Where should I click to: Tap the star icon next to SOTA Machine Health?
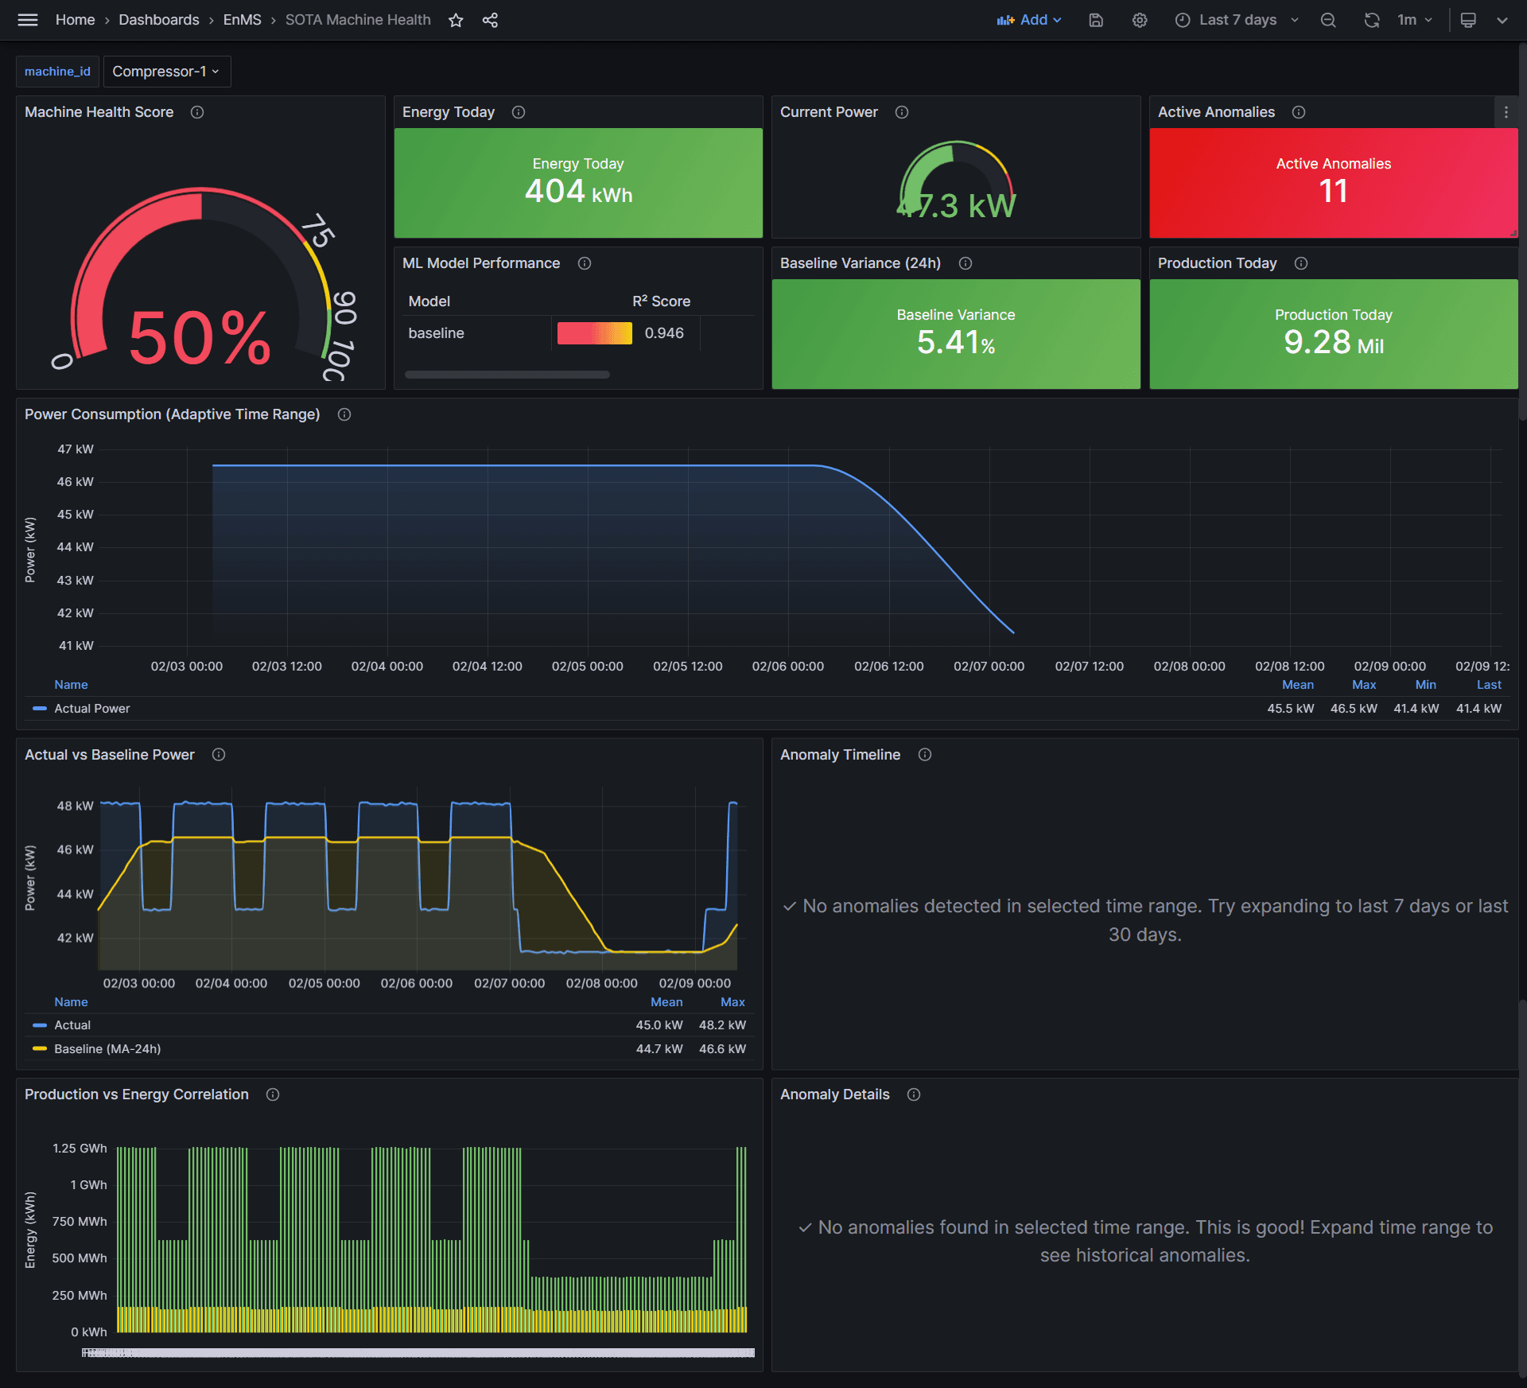click(456, 21)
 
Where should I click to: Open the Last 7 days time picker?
click(1237, 21)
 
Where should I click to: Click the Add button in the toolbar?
click(1029, 21)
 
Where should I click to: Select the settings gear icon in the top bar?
click(1140, 21)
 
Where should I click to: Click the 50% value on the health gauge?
click(200, 339)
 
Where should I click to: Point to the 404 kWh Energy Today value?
click(578, 192)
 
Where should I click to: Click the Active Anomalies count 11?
click(1333, 192)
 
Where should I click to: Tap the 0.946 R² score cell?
click(663, 333)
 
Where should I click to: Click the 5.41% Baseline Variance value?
click(955, 343)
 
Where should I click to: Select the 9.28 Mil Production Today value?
click(1333, 343)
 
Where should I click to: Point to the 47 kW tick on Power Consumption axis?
click(76, 449)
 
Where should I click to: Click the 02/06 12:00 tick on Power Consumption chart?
click(888, 667)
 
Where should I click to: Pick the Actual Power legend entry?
click(91, 709)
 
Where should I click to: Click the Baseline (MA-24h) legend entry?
click(107, 1049)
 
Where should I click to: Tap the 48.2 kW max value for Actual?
click(722, 1025)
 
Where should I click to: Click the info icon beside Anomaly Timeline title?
click(924, 755)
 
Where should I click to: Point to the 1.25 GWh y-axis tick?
click(80, 1149)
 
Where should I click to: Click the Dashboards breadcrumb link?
click(159, 21)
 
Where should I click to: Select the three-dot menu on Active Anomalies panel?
click(1506, 113)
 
